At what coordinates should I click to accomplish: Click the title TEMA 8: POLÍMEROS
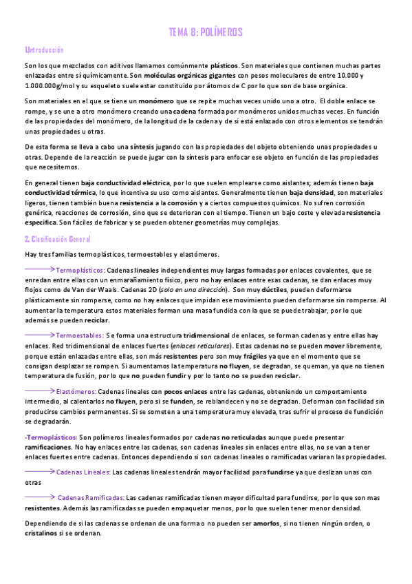tap(206, 32)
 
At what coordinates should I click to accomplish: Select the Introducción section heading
tap(44, 50)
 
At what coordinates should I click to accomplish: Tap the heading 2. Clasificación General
tap(57, 238)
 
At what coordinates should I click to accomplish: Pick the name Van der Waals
tap(94, 291)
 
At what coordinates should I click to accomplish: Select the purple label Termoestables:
tap(80, 335)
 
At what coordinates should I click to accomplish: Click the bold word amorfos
tap(266, 524)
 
